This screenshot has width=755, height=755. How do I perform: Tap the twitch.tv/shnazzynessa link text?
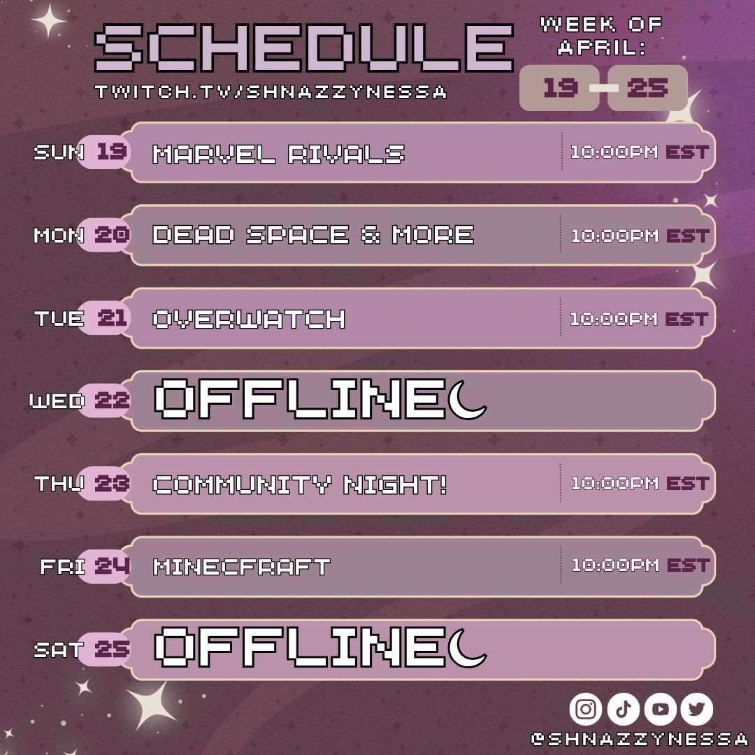271,92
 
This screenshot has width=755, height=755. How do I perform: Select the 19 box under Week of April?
559,88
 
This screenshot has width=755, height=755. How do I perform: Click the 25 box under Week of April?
647,88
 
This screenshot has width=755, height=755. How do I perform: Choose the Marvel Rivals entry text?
278,153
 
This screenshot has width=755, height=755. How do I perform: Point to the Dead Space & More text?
313,235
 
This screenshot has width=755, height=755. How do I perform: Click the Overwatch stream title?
249,319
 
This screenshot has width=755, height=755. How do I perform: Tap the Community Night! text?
300,484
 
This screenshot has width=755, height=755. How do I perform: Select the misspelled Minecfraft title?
241,566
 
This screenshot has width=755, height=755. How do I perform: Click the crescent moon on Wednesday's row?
468,401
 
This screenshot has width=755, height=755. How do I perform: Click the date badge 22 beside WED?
112,401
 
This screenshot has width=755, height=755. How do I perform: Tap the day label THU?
59,483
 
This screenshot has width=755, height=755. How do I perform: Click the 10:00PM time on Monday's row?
614,236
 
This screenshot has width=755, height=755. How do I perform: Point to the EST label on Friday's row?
687,565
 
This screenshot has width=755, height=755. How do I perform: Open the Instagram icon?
586,710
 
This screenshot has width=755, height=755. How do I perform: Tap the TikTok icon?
624,710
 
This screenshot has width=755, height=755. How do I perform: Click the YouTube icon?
661,710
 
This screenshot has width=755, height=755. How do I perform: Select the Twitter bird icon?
696,710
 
